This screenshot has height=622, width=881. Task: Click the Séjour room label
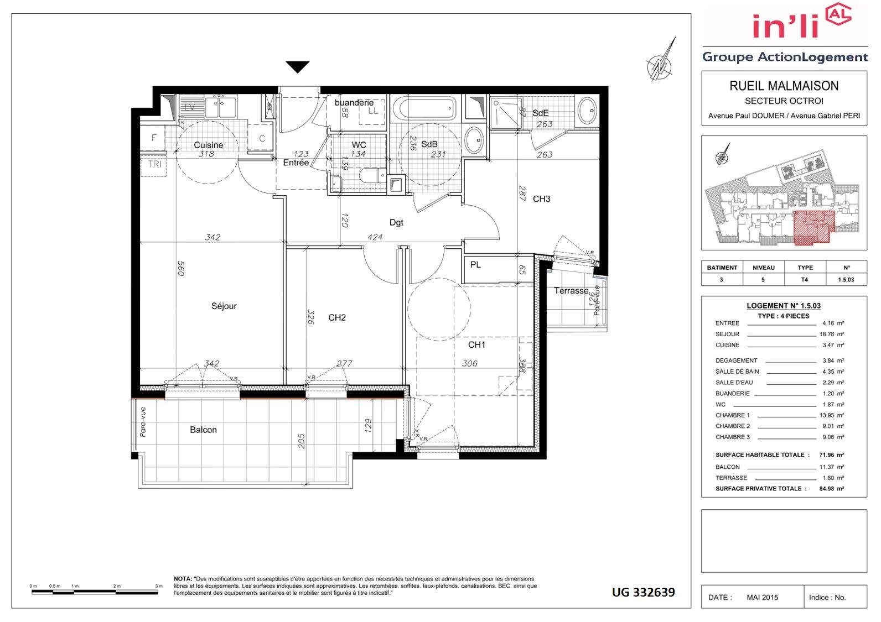tap(224, 306)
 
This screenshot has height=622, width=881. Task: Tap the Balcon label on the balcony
tap(203, 430)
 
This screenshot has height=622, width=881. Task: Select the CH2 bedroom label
tap(337, 317)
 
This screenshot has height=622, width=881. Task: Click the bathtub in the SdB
tap(424, 108)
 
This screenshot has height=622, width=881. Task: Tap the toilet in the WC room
tap(372, 175)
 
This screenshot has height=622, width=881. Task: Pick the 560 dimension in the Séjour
tap(181, 268)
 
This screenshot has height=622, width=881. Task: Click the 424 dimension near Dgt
tap(375, 237)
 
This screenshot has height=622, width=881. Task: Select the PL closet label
tap(475, 265)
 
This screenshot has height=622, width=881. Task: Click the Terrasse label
tap(571, 291)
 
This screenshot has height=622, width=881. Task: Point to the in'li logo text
tap(785, 26)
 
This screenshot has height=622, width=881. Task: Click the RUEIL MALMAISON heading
tap(784, 86)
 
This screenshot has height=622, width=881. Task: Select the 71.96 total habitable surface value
tap(827, 454)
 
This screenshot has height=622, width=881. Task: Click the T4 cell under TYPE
tap(805, 280)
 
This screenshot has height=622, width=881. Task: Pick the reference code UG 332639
tap(644, 592)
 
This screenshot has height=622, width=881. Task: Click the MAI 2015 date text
tap(762, 597)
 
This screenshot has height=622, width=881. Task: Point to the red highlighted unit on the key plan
tap(813, 227)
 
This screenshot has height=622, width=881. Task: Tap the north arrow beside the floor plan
tap(661, 60)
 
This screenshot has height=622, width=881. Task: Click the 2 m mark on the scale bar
tap(116, 586)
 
